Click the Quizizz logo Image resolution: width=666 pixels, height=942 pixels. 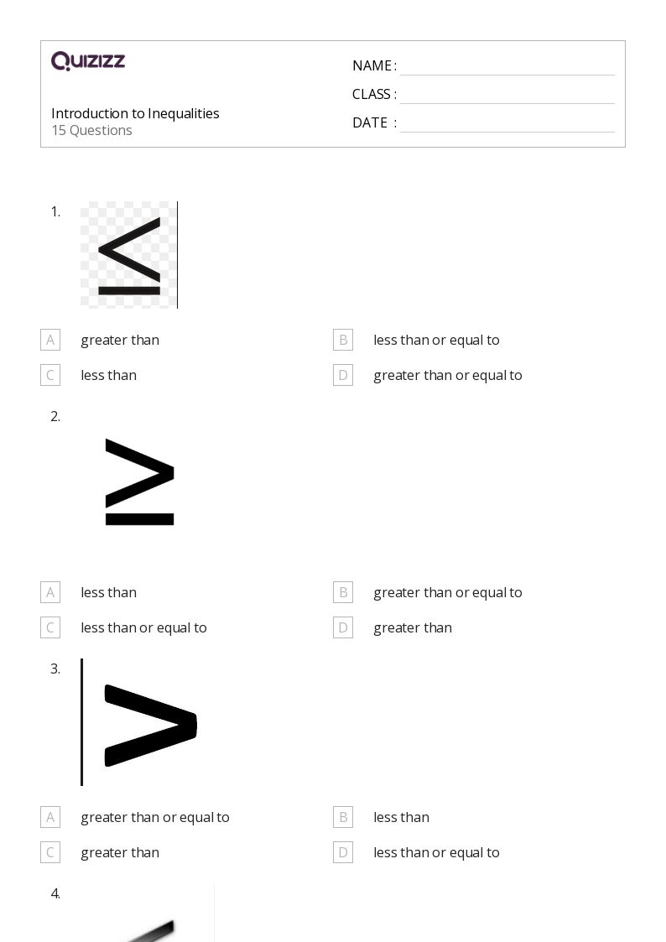click(88, 61)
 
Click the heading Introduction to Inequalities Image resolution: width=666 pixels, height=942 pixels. click(135, 113)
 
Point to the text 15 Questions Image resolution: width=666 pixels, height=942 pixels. click(91, 130)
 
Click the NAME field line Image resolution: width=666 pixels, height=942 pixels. click(507, 67)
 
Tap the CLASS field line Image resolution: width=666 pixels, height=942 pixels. click(507, 96)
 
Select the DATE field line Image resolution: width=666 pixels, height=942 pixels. click(507, 124)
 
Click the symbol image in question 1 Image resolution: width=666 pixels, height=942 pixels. click(129, 255)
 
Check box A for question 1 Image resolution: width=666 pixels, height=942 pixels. click(50, 340)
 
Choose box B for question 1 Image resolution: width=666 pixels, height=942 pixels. click(343, 340)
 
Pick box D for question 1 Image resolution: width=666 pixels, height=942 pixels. click(343, 375)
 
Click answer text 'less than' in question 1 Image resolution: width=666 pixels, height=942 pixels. click(108, 375)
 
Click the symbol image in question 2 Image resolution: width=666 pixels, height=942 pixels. click(139, 482)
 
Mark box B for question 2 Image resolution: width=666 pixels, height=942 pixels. click(343, 592)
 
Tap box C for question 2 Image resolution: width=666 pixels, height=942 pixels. click(50, 627)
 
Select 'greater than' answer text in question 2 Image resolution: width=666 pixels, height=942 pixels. click(413, 627)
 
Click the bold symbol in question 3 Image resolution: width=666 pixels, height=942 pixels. click(149, 725)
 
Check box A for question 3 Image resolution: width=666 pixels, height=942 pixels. click(50, 817)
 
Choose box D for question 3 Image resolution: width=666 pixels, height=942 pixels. click(343, 852)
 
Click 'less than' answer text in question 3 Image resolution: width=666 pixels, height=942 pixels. click(401, 817)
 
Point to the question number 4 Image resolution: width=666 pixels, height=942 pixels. click(55, 893)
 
